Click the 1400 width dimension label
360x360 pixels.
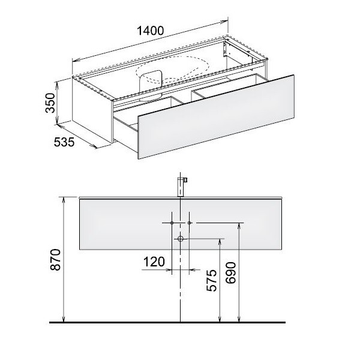[150, 31]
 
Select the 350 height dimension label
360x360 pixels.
[50, 103]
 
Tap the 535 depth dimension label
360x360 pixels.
[64, 142]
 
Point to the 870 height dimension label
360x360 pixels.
[55, 259]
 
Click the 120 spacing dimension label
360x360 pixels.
[154, 262]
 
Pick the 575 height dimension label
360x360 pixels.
[211, 281]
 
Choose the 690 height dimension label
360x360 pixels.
[230, 273]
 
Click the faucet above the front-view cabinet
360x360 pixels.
[182, 187]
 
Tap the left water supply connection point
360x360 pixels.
[172, 223]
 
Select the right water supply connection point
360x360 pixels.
[189, 223]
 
